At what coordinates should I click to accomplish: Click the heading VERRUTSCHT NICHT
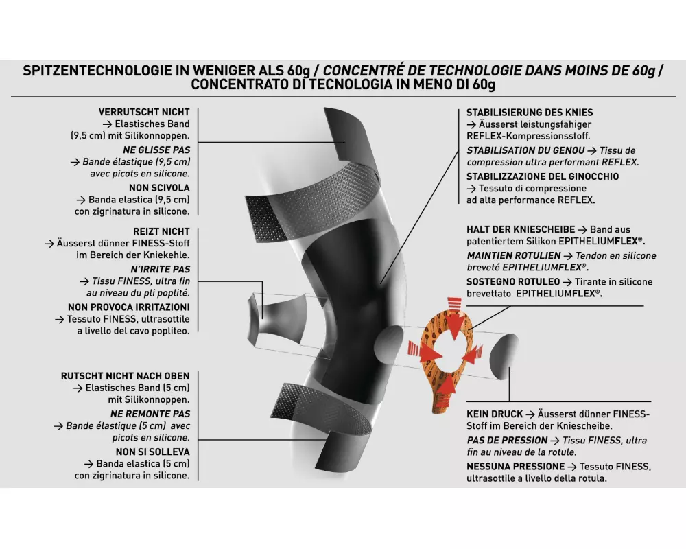pyautogui.click(x=144, y=112)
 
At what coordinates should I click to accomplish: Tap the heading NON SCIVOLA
pyautogui.click(x=159, y=188)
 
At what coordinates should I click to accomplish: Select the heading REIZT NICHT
pyautogui.click(x=161, y=231)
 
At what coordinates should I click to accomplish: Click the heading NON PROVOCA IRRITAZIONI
pyautogui.click(x=129, y=307)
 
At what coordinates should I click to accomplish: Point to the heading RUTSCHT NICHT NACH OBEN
pyautogui.click(x=125, y=376)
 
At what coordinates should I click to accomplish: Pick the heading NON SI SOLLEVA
pyautogui.click(x=153, y=452)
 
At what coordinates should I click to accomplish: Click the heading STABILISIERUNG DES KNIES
pyautogui.click(x=530, y=113)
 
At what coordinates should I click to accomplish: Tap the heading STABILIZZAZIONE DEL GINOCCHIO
pyautogui.click(x=543, y=176)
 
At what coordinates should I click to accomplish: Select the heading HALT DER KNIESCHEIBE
pyautogui.click(x=521, y=229)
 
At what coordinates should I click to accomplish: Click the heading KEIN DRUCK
pyautogui.click(x=495, y=414)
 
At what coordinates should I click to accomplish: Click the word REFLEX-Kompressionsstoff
pyautogui.click(x=528, y=136)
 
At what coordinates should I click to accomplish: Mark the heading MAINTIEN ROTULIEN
pyautogui.click(x=514, y=256)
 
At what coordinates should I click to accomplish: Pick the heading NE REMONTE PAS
pyautogui.click(x=150, y=414)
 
